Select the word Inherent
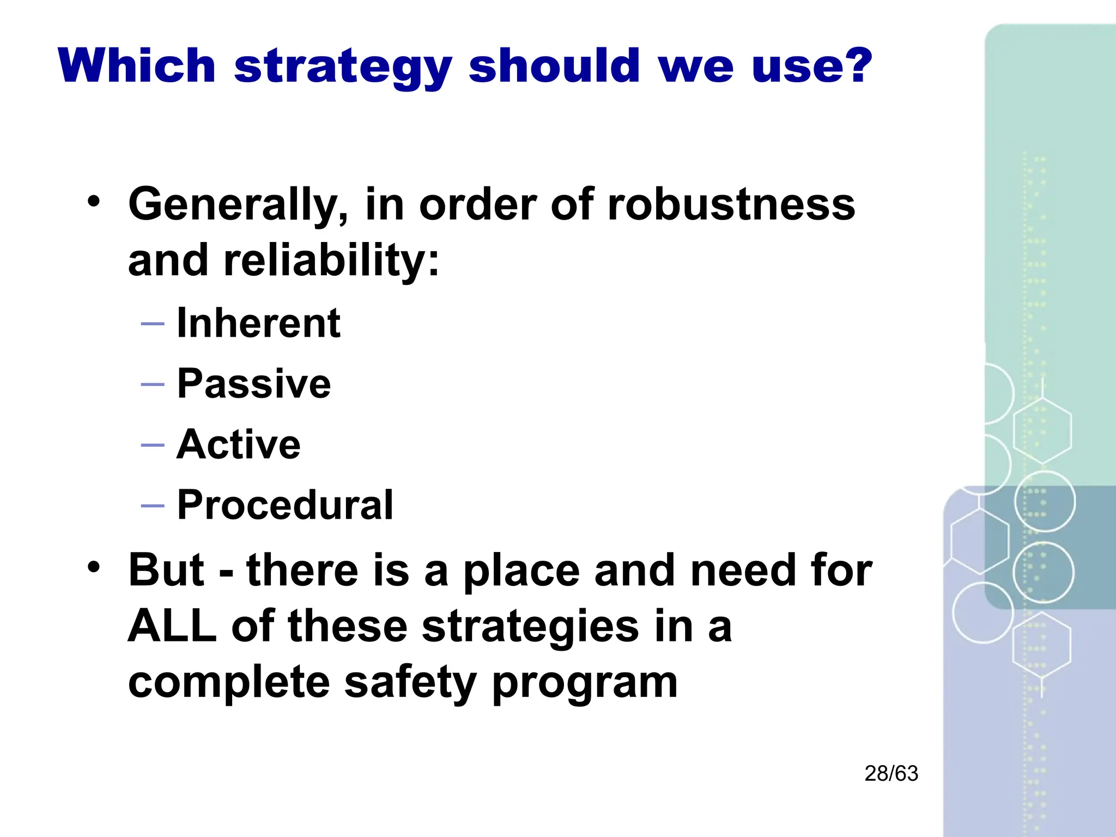click(x=259, y=323)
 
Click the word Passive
click(x=254, y=384)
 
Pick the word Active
click(x=239, y=444)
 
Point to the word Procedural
click(x=285, y=505)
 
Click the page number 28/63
click(x=891, y=773)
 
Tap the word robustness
click(x=731, y=204)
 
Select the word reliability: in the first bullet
click(x=331, y=260)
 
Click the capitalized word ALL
click(x=172, y=626)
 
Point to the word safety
click(x=411, y=682)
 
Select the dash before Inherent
click(x=153, y=324)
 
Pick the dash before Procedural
click(x=153, y=505)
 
